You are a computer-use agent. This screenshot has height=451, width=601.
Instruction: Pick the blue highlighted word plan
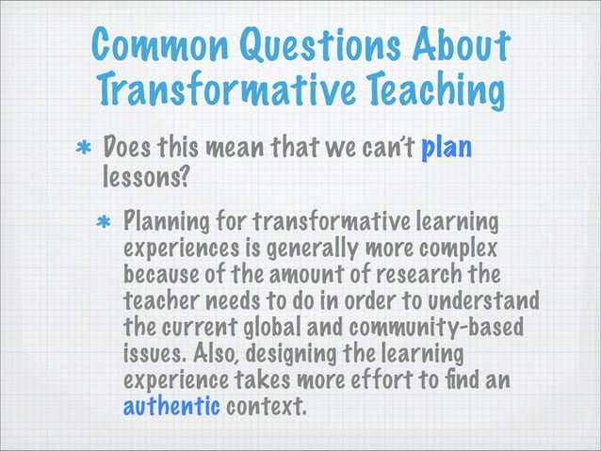[x=447, y=149]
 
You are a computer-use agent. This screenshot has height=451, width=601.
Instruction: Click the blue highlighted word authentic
[x=171, y=408]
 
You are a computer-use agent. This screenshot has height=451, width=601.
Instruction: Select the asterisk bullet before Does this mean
[x=83, y=152]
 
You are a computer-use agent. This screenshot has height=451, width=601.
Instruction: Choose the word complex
[x=470, y=251]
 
